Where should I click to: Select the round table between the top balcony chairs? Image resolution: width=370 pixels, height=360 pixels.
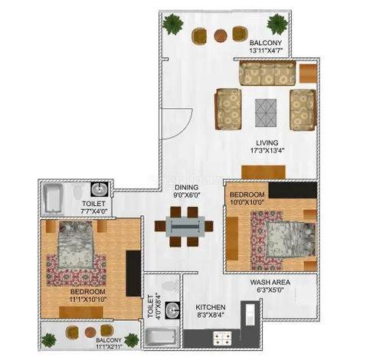pos(219,34)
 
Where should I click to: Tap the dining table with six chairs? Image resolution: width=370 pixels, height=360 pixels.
pos(185,227)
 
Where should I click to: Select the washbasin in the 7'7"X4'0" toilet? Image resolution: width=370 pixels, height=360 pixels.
pos(99,191)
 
